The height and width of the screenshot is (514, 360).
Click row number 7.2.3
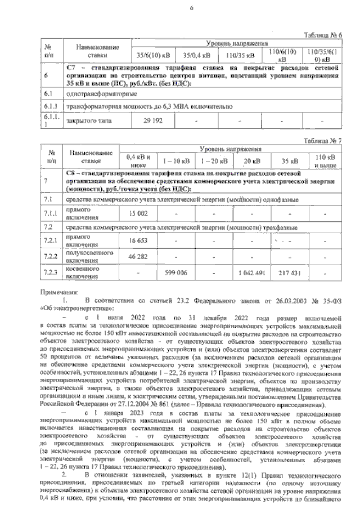[x=51, y=272]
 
